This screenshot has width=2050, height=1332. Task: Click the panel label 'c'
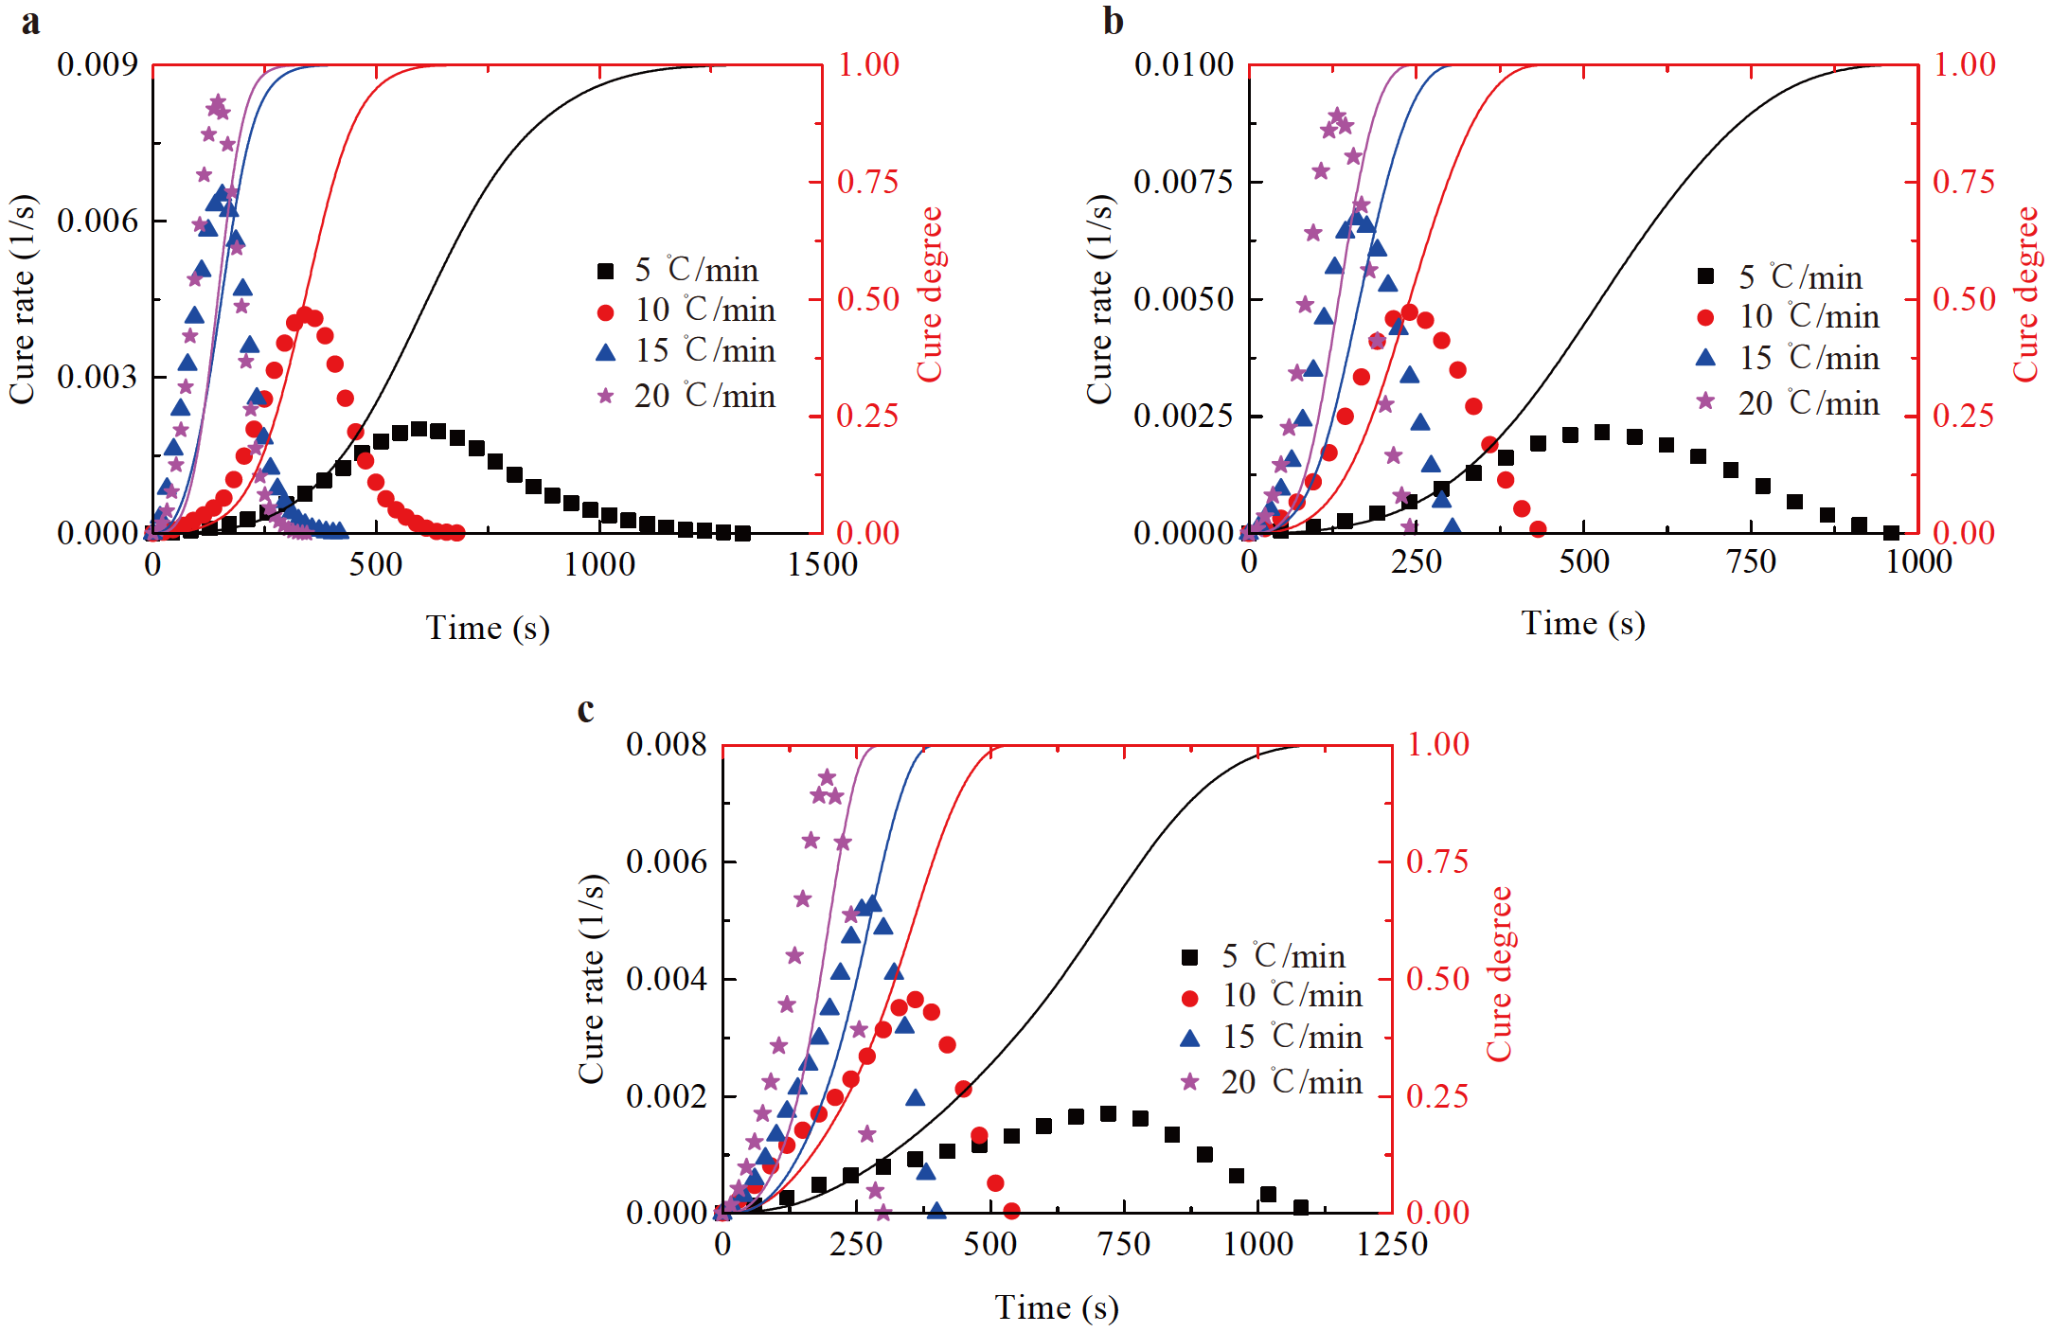[586, 709]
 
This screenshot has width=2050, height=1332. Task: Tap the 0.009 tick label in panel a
[98, 64]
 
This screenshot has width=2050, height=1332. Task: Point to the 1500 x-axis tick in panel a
[822, 565]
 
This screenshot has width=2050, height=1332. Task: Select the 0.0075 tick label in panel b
[1184, 181]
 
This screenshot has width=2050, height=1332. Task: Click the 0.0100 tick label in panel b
[1184, 64]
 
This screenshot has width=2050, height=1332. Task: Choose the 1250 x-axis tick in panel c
[1391, 1244]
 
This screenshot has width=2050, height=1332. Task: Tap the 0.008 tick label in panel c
[667, 744]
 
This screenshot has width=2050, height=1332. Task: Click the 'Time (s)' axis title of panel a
[488, 628]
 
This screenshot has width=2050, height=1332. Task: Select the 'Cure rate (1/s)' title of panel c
[591, 979]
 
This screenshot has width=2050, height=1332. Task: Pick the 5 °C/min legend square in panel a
[606, 272]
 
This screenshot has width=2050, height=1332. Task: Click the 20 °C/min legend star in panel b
[1705, 401]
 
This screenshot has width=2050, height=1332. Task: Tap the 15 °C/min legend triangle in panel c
[1190, 1039]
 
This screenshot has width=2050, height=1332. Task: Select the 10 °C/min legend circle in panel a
[606, 311]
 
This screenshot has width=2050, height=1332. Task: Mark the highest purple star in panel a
[218, 101]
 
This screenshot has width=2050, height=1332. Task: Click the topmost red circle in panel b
[1409, 312]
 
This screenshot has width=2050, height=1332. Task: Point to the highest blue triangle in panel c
[873, 904]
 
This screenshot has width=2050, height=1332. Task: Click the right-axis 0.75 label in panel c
[1436, 861]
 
